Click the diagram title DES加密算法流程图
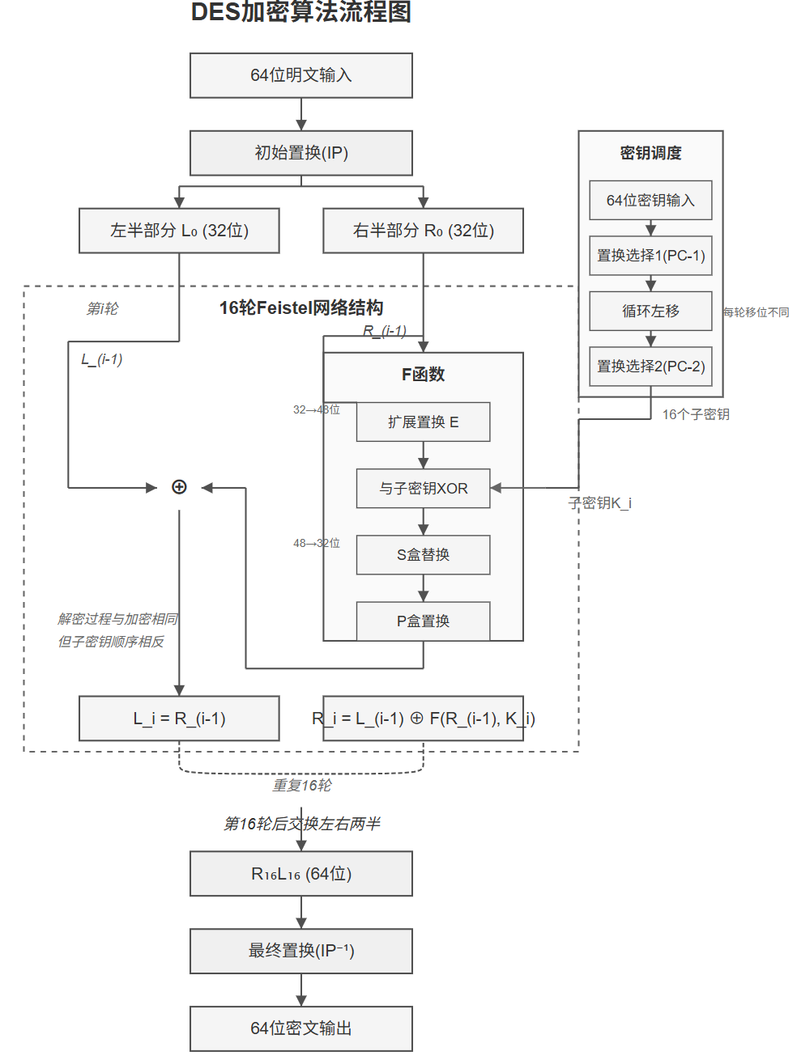(x=300, y=12)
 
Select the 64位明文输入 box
(x=300, y=75)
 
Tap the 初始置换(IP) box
(x=300, y=153)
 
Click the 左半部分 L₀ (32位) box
(x=179, y=231)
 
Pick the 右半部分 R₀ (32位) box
(x=423, y=231)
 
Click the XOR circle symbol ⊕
(x=179, y=487)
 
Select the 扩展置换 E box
(x=423, y=422)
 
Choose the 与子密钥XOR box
(x=423, y=488)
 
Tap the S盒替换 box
(x=423, y=554)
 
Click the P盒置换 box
(x=423, y=621)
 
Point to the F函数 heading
(x=423, y=374)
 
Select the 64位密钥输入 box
(x=650, y=200)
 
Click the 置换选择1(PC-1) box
(x=650, y=256)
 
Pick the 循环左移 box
(x=650, y=311)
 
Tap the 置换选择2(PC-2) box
(x=650, y=367)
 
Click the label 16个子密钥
(x=695, y=414)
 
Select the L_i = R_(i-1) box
(x=179, y=719)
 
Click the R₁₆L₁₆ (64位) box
(x=300, y=874)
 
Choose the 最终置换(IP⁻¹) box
(x=300, y=951)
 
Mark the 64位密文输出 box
(x=300, y=1028)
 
